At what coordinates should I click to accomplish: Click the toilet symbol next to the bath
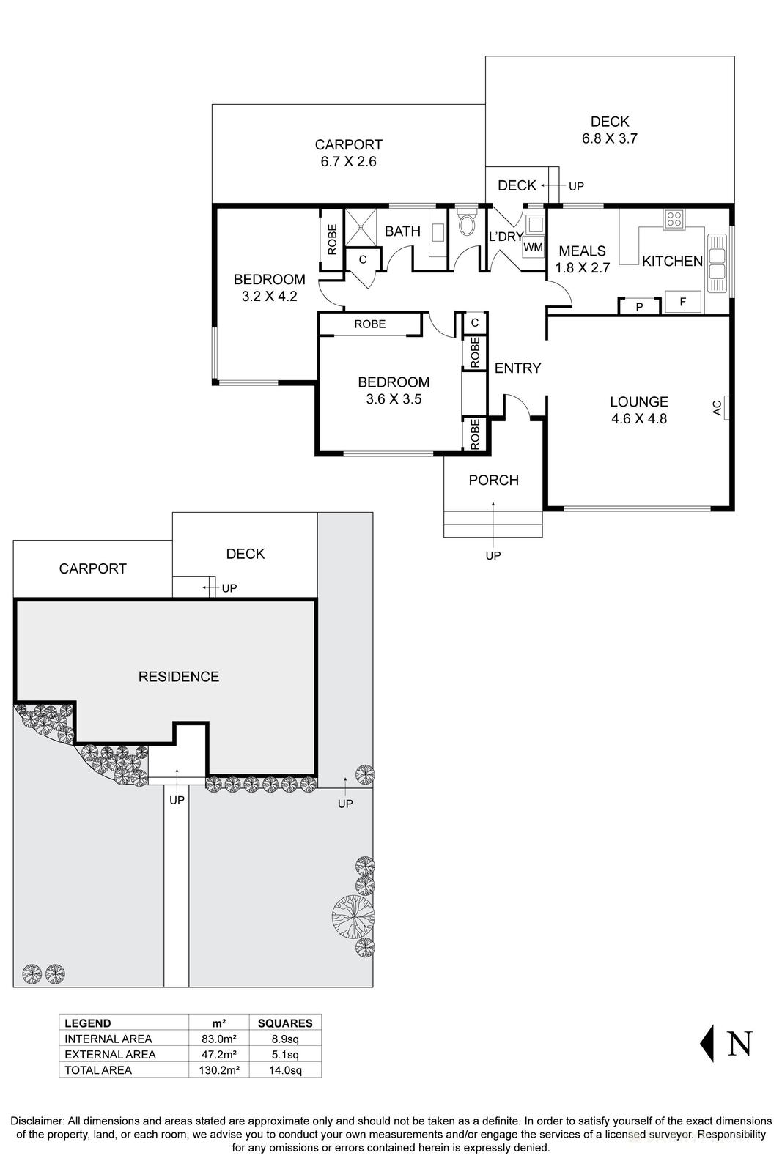tap(466, 223)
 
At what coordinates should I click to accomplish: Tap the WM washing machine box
tap(534, 247)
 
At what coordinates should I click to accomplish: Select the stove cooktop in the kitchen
tap(674, 218)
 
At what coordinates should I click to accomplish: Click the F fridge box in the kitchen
tap(682, 302)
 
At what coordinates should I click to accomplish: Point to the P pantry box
tap(639, 307)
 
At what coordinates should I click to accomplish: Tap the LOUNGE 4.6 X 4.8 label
tap(639, 410)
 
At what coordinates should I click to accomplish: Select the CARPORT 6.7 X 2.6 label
tap(348, 153)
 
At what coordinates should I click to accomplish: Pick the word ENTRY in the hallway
tap(517, 368)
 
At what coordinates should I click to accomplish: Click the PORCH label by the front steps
tap(493, 480)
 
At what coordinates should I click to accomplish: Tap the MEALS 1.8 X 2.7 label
tap(583, 259)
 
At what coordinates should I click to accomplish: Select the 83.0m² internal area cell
tap(218, 1039)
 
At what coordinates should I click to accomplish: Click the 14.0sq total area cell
tap(285, 1069)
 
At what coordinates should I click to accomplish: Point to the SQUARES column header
tap(285, 1023)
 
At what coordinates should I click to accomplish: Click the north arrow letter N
tap(739, 1043)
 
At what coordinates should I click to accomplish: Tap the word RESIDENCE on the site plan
tap(179, 677)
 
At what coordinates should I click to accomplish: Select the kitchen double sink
tap(716, 261)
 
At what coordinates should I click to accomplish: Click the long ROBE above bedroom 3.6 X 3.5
tap(369, 324)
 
